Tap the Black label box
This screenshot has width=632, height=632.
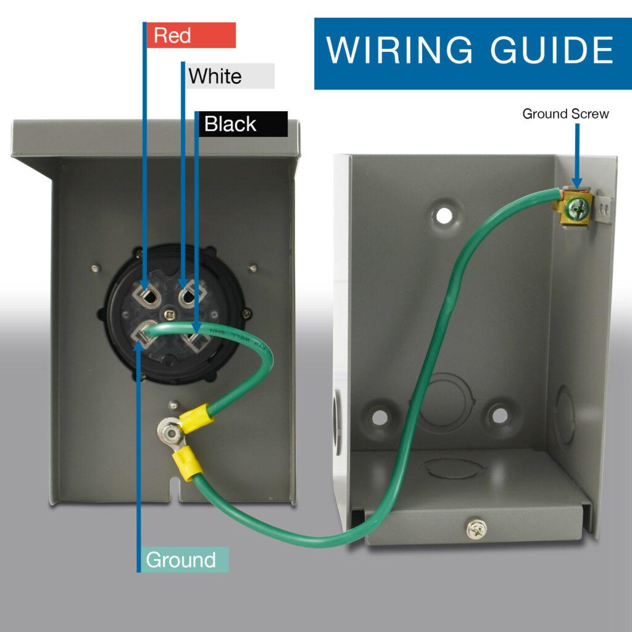(243, 124)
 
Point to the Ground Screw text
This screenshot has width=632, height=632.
(565, 114)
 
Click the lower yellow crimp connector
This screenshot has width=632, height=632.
(187, 464)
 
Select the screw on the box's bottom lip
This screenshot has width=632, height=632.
(476, 529)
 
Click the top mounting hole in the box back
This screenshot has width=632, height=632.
(444, 215)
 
